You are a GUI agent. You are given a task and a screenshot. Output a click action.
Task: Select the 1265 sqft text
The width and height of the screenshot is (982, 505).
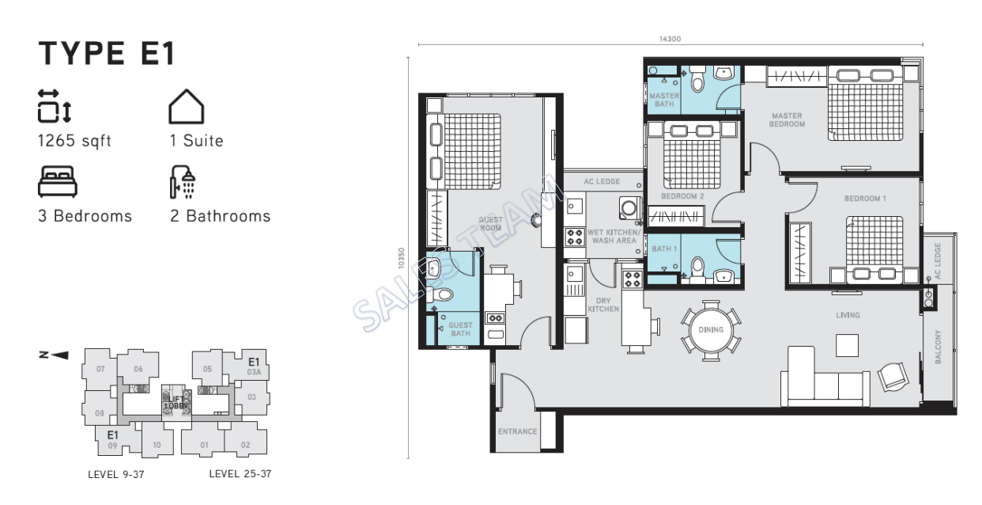[x=75, y=142]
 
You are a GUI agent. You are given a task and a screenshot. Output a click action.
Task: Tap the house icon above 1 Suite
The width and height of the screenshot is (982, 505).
[x=187, y=107]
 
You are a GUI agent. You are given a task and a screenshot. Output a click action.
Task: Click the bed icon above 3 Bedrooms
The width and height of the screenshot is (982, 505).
[x=58, y=181]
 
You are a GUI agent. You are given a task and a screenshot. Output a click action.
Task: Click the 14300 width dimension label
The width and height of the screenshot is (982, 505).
[x=670, y=39]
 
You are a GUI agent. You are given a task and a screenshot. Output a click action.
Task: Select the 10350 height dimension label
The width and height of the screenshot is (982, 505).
[x=402, y=258]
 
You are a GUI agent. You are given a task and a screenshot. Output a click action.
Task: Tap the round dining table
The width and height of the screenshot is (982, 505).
[x=711, y=329]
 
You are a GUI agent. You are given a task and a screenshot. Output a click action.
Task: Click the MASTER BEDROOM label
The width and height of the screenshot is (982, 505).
[x=787, y=120]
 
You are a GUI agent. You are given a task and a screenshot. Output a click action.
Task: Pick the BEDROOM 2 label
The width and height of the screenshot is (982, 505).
[x=682, y=196]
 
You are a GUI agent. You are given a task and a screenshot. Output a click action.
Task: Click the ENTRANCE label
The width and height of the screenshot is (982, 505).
[x=518, y=431]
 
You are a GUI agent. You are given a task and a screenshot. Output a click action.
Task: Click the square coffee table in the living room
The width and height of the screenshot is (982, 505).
[x=848, y=345]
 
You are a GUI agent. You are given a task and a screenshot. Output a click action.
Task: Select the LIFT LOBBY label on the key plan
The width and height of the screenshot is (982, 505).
[x=174, y=401]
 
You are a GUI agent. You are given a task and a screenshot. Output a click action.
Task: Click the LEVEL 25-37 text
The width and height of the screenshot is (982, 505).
[x=240, y=475]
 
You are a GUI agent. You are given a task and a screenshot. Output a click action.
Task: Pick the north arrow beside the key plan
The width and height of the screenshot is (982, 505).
[x=54, y=355]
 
